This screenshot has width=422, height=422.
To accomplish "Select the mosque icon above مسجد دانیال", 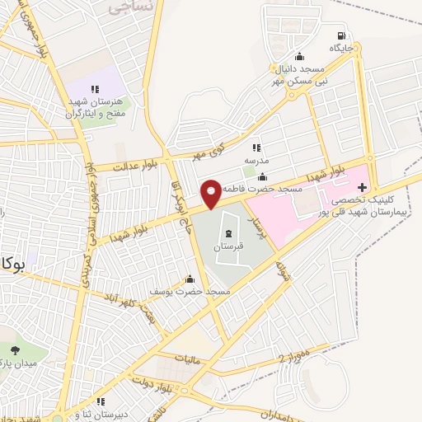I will tap(299, 56).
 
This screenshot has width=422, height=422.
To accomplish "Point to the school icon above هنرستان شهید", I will tap(96, 88).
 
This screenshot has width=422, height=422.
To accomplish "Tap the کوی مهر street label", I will tap(209, 151).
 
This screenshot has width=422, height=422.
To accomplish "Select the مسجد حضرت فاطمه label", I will tap(265, 190).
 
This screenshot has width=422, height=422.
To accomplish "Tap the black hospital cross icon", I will tap(362, 187).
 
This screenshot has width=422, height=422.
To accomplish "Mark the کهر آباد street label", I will tap(120, 298).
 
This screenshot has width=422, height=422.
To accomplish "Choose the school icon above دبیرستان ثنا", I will tap(101, 401).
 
